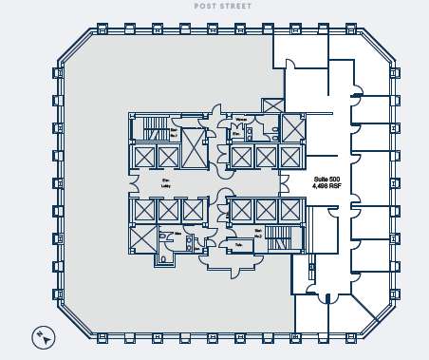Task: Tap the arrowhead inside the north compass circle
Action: [x=44, y=336]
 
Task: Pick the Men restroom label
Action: [x=177, y=233]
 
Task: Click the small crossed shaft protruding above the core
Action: [x=272, y=105]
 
